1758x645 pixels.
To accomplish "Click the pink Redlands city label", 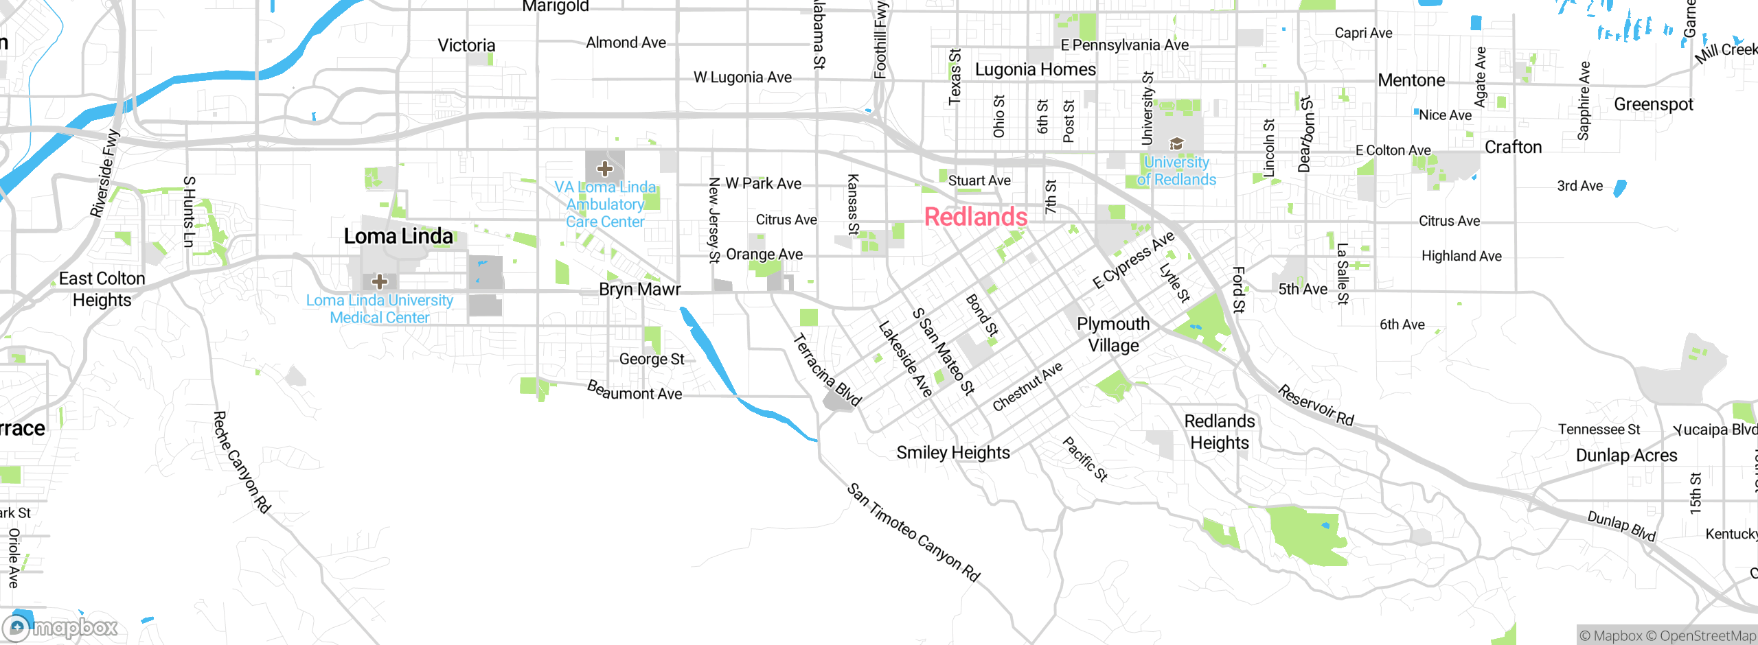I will click(x=976, y=217).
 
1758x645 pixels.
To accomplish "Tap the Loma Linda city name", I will click(x=398, y=237).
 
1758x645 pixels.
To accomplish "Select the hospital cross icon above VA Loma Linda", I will click(x=604, y=169).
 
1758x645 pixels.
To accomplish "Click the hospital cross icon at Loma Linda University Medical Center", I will click(x=380, y=281).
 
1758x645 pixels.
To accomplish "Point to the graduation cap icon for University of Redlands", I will click(x=1176, y=143).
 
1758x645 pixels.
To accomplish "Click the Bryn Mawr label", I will click(x=639, y=290).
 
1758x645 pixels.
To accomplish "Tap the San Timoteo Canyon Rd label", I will click(x=913, y=532).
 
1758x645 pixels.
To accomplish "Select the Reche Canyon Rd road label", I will click(x=242, y=462).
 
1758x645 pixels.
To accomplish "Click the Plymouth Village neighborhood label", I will click(x=1113, y=334).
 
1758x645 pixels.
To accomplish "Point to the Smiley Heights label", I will click(x=953, y=453).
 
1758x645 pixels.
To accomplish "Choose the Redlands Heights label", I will click(x=1220, y=432).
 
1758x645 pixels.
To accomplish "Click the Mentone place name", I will click(x=1411, y=80).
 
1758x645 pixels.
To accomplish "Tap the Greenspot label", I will click(x=1653, y=104).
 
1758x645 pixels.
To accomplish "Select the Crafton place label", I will click(x=1513, y=148).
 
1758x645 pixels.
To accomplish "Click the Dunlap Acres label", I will click(x=1626, y=456).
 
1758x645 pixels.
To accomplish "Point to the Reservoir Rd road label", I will click(x=1316, y=406).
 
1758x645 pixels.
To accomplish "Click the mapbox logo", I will click(x=60, y=627).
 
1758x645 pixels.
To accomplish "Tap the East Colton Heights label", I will click(x=102, y=289).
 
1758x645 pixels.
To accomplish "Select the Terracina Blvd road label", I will click(x=827, y=370).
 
